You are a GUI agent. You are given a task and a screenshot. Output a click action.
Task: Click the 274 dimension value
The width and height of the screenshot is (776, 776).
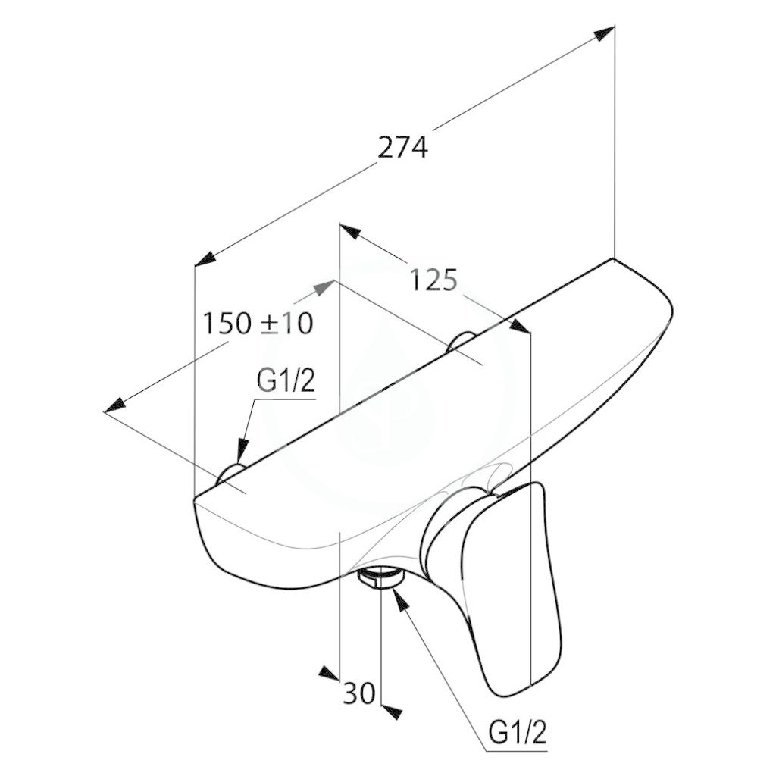pos(402,148)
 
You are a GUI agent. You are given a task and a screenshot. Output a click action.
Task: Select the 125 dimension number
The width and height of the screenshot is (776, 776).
pos(433,280)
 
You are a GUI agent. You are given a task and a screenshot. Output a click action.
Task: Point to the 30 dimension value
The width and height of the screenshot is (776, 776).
pos(358,693)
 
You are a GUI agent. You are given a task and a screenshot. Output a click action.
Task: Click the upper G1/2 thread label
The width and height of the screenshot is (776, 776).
pos(286,380)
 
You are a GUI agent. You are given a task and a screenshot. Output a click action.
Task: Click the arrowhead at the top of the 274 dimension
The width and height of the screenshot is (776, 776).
pos(604,34)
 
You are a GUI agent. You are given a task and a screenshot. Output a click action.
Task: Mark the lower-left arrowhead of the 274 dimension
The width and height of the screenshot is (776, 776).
pos(205,259)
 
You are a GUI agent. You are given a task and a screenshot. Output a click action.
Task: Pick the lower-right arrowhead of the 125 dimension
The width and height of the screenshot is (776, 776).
pos(520,326)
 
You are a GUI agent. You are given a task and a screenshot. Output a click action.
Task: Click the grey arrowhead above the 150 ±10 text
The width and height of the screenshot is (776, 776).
pos(326,286)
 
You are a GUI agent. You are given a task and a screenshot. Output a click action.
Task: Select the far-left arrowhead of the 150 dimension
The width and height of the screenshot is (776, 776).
pos(115,405)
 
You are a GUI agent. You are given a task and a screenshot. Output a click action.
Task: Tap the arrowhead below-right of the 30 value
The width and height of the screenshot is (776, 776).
pos(392,710)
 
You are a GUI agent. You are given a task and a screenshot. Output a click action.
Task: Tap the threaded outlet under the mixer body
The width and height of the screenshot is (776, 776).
pos(380,577)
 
